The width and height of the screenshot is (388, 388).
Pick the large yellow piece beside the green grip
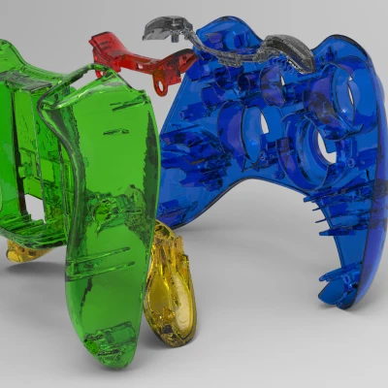(170, 286)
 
